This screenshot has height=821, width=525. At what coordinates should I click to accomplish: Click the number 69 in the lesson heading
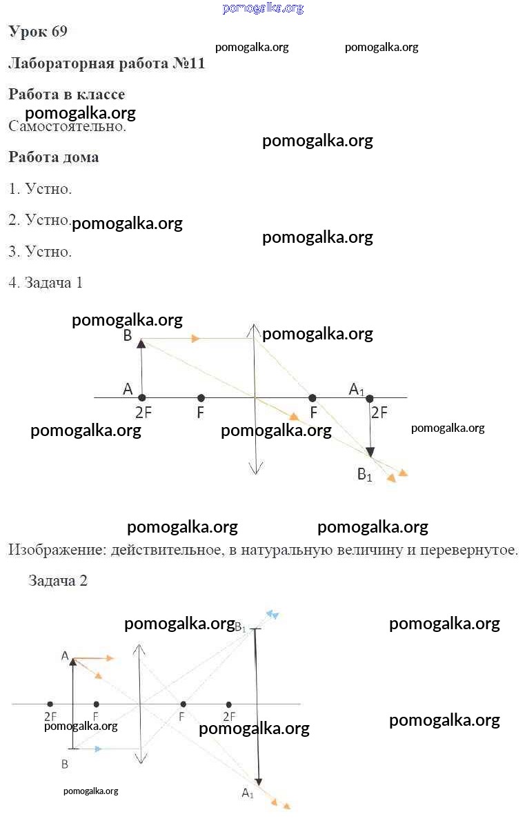[x=59, y=32]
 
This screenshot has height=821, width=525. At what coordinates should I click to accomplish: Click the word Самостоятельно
[x=67, y=126]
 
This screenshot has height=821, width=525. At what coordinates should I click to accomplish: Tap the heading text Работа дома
[x=53, y=157]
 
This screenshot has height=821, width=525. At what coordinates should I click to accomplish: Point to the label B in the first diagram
[x=127, y=335]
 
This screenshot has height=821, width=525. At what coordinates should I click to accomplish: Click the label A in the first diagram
[x=128, y=389]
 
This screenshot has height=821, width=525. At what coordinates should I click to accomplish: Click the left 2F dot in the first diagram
[x=142, y=398]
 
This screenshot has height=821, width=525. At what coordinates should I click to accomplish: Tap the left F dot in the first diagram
[x=201, y=398]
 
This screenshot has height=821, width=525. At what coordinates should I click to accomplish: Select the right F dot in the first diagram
[x=313, y=398]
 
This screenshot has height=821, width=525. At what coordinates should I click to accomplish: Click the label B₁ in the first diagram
[x=365, y=475]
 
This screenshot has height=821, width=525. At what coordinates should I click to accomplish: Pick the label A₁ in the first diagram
[x=357, y=390]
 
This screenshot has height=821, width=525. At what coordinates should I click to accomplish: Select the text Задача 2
[x=58, y=581]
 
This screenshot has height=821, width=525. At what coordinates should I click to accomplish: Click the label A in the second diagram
[x=65, y=655]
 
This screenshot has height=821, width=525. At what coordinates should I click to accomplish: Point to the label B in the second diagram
[x=64, y=764]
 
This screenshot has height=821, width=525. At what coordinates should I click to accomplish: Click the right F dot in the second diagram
[x=184, y=704]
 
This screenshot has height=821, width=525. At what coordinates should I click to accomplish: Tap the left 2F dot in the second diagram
[x=50, y=704]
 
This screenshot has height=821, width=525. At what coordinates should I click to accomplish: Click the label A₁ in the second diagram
[x=248, y=793]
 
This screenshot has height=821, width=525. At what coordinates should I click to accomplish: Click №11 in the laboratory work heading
[x=188, y=63]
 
